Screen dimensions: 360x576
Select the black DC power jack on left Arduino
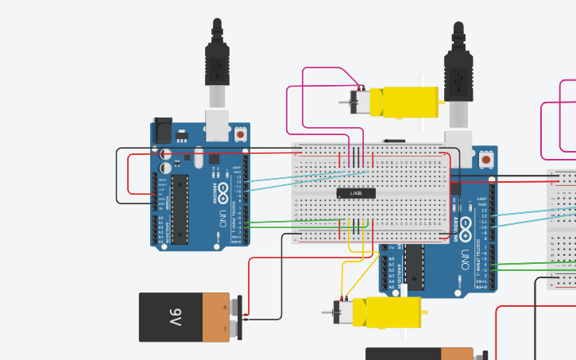tap(162, 130)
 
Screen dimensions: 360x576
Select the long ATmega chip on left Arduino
tap(180, 208)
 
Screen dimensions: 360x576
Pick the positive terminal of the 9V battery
tap(236, 304)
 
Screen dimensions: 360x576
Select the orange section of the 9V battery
tap(215, 316)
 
